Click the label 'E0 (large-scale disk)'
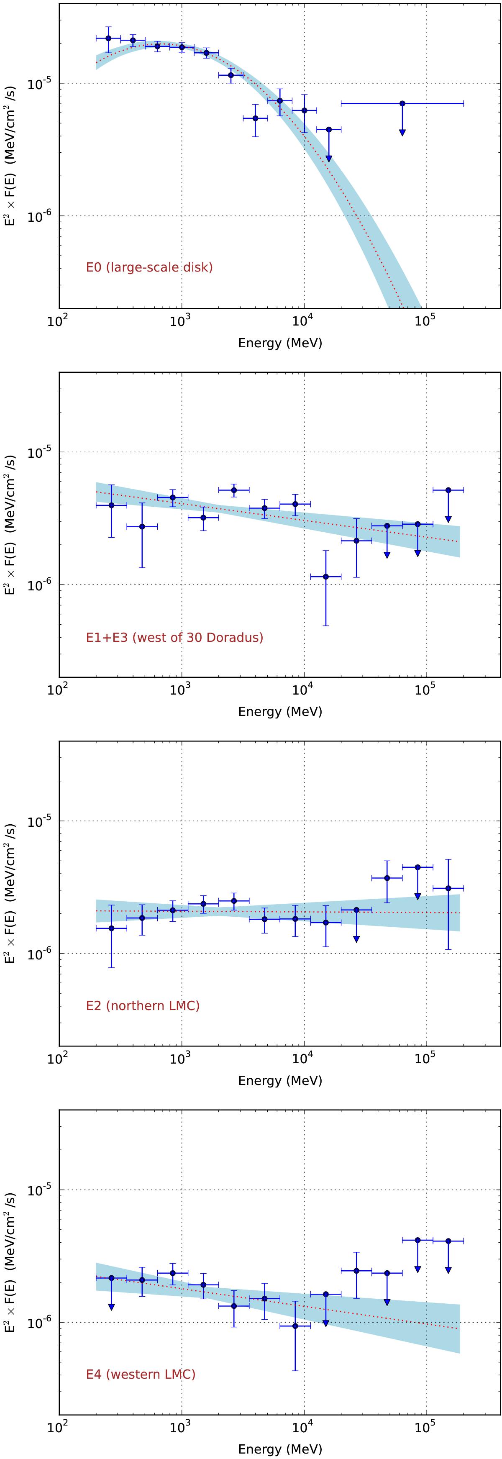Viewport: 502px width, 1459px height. point(149,267)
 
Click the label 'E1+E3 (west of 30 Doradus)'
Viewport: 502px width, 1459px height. point(174,638)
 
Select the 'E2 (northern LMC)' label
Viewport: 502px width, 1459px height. point(143,1006)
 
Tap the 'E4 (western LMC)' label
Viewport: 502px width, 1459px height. point(141,1374)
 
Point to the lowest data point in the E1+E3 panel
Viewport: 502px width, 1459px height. point(326,577)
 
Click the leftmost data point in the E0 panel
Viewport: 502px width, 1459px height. point(108,38)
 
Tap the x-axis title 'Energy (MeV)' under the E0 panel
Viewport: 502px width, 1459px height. point(280,343)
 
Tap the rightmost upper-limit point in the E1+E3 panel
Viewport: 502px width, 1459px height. point(448,490)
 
